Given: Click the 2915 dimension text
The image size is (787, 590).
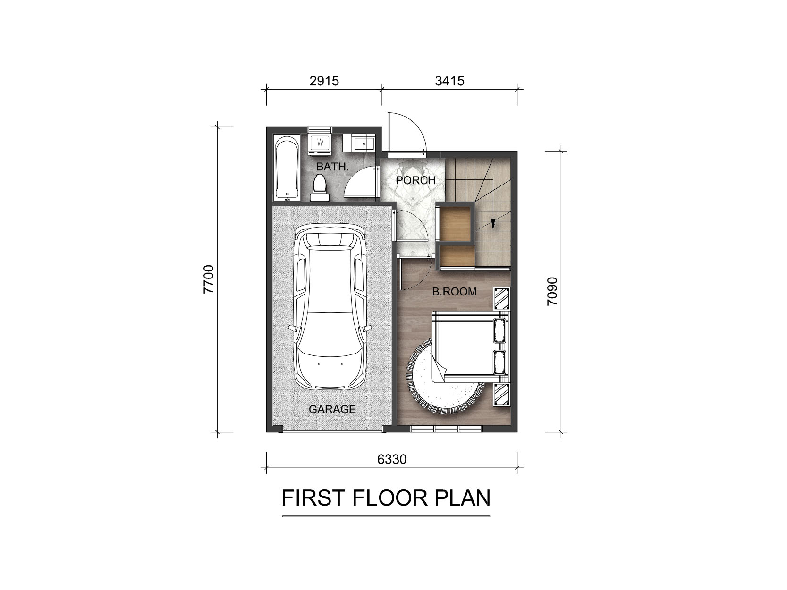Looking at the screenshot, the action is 324,81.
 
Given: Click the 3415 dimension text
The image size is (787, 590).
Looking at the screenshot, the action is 449,81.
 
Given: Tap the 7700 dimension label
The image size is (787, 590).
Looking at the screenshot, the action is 208,279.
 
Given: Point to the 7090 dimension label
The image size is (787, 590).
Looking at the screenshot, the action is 552,291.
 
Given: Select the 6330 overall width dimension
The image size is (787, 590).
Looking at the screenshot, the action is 392,459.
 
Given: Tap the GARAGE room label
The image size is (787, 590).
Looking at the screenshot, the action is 332,409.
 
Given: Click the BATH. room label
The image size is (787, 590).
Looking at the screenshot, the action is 332,166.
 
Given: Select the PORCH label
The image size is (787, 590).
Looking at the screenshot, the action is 415,180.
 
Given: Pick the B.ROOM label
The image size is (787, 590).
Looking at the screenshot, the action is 454,291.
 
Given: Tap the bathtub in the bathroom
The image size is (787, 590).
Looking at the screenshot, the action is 287,168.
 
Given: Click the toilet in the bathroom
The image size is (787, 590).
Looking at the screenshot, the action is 320,187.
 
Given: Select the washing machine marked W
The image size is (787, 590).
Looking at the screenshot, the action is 320,142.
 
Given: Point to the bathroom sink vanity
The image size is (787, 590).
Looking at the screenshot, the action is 358,143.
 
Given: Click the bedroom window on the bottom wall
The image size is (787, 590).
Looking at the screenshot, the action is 447,429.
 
